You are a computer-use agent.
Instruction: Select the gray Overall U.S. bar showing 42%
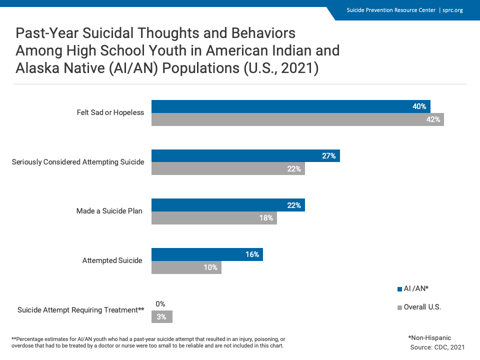click(297, 119)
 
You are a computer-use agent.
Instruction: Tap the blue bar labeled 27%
click(245, 156)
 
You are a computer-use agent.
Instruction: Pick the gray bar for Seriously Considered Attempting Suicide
click(228, 169)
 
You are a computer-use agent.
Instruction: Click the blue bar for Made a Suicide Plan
click(228, 205)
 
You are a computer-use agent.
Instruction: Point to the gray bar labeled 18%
click(214, 218)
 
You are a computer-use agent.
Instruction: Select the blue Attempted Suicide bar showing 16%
click(207, 254)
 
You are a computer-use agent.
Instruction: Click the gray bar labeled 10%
click(186, 267)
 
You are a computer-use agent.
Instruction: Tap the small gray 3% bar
click(162, 316)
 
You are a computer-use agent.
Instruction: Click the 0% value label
click(160, 303)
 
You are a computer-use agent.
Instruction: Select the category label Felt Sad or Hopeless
click(110, 112)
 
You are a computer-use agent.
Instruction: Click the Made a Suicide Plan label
click(109, 211)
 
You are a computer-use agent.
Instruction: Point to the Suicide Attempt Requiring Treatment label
click(80, 310)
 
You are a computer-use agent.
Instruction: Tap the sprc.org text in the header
click(452, 10)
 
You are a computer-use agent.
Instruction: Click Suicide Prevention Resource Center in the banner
click(391, 10)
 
